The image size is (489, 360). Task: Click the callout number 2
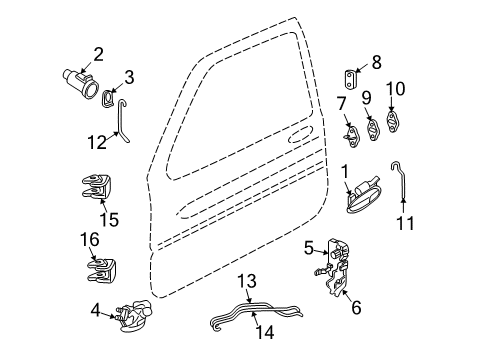pos(98,54)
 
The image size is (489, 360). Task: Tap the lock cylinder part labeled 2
pos(77,75)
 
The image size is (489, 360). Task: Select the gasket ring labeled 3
pos(107,97)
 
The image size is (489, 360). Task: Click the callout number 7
pos(340,105)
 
